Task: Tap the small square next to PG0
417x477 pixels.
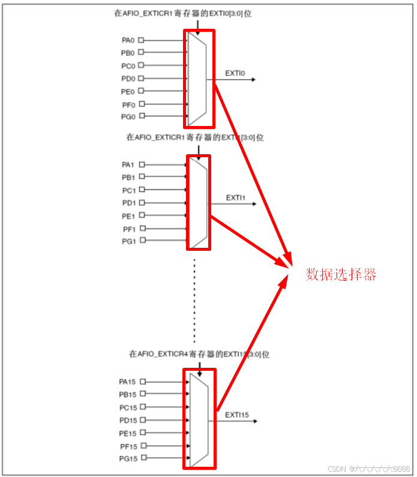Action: pos(142,116)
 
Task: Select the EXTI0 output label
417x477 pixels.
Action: pos(236,73)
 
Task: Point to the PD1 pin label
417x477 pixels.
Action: pos(128,203)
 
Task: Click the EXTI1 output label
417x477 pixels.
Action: pos(236,197)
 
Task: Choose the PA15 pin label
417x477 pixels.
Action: pos(128,382)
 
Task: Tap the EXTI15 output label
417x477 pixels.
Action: pos(237,415)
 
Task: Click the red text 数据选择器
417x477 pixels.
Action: pos(341,275)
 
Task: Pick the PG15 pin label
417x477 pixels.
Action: pos(128,458)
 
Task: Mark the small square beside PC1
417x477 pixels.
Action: pos(142,190)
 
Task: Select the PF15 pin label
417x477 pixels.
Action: pos(128,446)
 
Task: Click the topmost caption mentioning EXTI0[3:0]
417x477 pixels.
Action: pos(182,13)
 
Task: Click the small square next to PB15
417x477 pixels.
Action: pos(142,394)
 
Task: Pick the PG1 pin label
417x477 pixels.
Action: pos(128,241)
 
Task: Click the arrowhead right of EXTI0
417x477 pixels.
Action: pos(254,79)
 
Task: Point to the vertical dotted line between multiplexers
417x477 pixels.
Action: pos(194,300)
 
